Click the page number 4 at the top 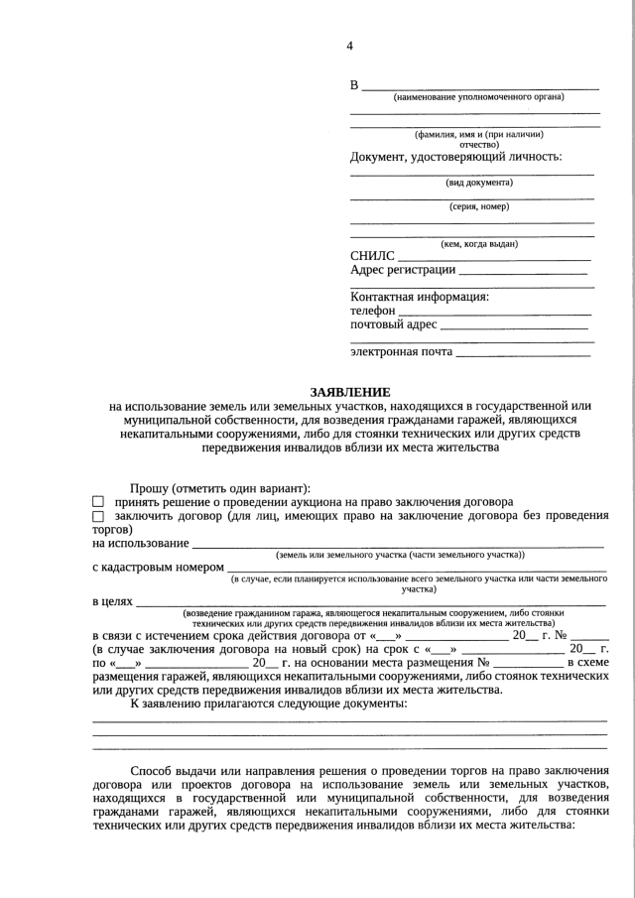tap(349, 46)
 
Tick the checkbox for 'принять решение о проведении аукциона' tap(98, 503)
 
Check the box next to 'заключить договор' tap(98, 516)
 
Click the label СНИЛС tap(372, 256)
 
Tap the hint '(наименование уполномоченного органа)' tap(478, 97)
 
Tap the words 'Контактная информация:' tap(421, 297)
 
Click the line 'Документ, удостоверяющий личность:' tap(455, 157)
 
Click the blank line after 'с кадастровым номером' tap(417, 568)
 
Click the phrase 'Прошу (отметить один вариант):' tap(220, 488)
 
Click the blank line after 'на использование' tap(397, 544)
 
